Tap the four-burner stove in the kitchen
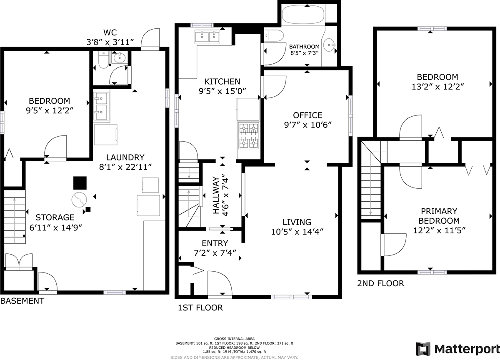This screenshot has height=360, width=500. [249, 135]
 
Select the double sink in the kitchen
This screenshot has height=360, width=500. [207, 36]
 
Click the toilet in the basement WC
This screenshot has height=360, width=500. [103, 60]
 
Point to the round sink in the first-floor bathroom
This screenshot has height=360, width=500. [329, 45]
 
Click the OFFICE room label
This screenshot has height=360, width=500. [307, 115]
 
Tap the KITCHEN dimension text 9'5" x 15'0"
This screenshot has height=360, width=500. [222, 91]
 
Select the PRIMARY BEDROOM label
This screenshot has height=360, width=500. [439, 216]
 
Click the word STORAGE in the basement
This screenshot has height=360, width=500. [55, 217]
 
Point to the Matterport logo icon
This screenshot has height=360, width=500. [423, 349]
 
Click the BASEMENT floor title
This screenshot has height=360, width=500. [22, 301]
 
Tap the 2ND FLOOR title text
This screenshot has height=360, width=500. [380, 283]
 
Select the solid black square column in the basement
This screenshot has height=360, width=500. [80, 183]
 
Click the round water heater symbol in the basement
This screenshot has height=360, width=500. [79, 200]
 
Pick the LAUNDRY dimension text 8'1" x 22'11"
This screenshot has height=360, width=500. [125, 167]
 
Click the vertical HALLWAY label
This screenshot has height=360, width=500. [216, 195]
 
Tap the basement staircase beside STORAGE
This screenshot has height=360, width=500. [15, 217]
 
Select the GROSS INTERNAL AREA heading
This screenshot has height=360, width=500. [234, 339]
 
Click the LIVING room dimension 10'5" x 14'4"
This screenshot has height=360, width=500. [297, 232]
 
